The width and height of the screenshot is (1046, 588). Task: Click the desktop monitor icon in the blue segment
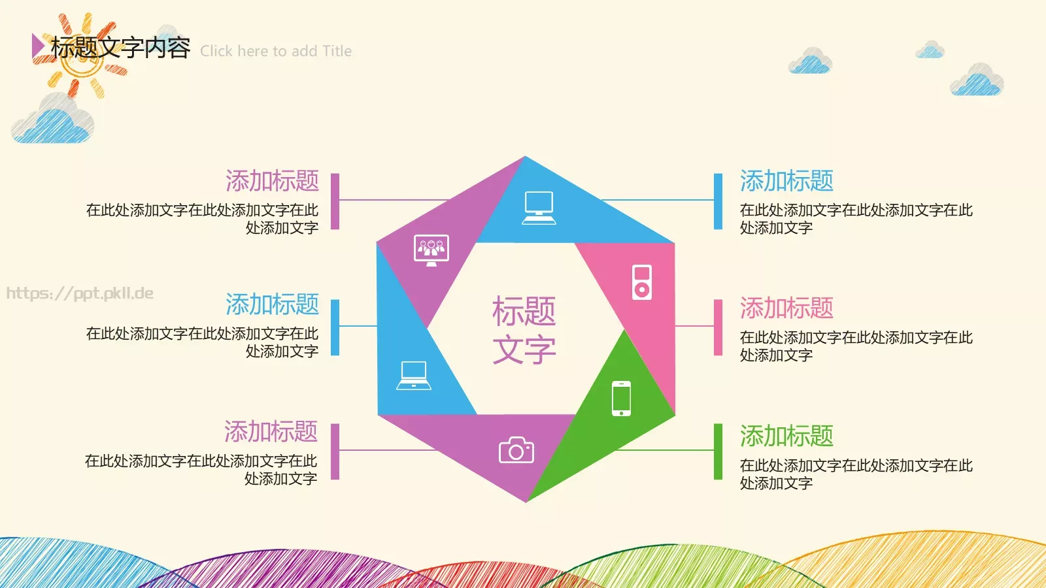[x=539, y=208]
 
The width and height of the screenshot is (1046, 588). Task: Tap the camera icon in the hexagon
[x=516, y=450]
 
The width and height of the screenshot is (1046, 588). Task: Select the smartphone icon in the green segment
[x=621, y=398]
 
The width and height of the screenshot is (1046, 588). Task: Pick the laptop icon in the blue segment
[x=414, y=376]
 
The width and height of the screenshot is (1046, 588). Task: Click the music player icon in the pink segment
[x=641, y=282]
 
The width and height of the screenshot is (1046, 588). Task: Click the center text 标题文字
[x=524, y=330]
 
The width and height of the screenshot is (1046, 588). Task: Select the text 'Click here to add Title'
[x=276, y=51]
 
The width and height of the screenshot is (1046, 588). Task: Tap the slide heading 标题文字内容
[x=121, y=47]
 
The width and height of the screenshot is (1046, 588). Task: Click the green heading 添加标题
[x=786, y=436]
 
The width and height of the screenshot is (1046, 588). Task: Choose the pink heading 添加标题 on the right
[x=786, y=308]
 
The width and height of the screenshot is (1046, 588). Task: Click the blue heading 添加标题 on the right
[x=786, y=181]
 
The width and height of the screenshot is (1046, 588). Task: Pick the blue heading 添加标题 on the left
[x=272, y=304]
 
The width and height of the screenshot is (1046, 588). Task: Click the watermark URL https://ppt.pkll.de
[x=80, y=293]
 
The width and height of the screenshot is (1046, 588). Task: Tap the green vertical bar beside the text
[x=718, y=451]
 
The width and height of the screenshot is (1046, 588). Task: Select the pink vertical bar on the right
[x=718, y=327]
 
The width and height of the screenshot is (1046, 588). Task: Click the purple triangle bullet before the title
[x=38, y=46]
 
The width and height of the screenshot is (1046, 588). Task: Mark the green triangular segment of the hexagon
[x=608, y=425]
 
